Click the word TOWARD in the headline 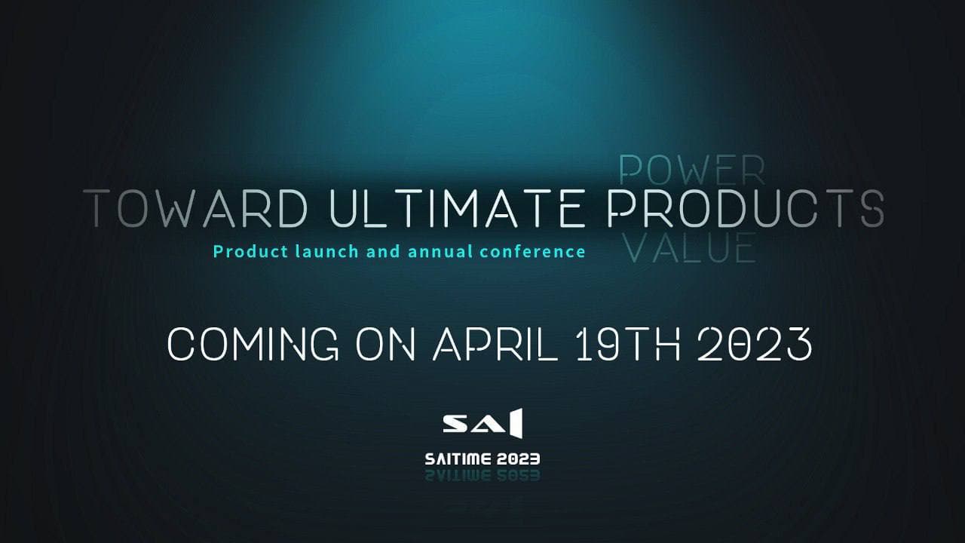pos(195,208)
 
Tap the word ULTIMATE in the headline pos(457,208)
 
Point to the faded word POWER pos(691,170)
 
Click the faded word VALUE pos(690,248)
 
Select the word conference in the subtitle pos(532,251)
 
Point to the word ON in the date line pos(384,345)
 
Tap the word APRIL pos(495,345)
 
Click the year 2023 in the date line pos(754,345)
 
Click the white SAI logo pos(482,424)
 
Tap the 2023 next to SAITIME pos(518,459)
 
